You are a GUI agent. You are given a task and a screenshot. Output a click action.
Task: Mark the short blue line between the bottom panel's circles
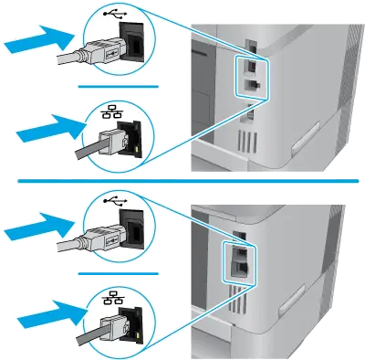119,271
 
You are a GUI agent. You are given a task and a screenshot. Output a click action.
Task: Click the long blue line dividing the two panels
182,181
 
